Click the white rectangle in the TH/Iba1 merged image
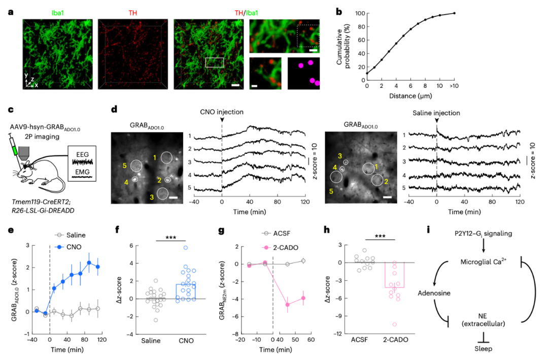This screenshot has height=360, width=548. (x=214, y=62)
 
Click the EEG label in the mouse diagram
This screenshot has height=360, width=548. (x=82, y=153)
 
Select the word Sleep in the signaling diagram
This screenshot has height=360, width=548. (x=484, y=349)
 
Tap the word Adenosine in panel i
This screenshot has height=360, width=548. (x=434, y=293)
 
